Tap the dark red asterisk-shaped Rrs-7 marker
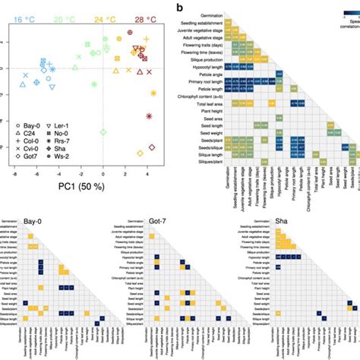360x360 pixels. coord(149,115)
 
